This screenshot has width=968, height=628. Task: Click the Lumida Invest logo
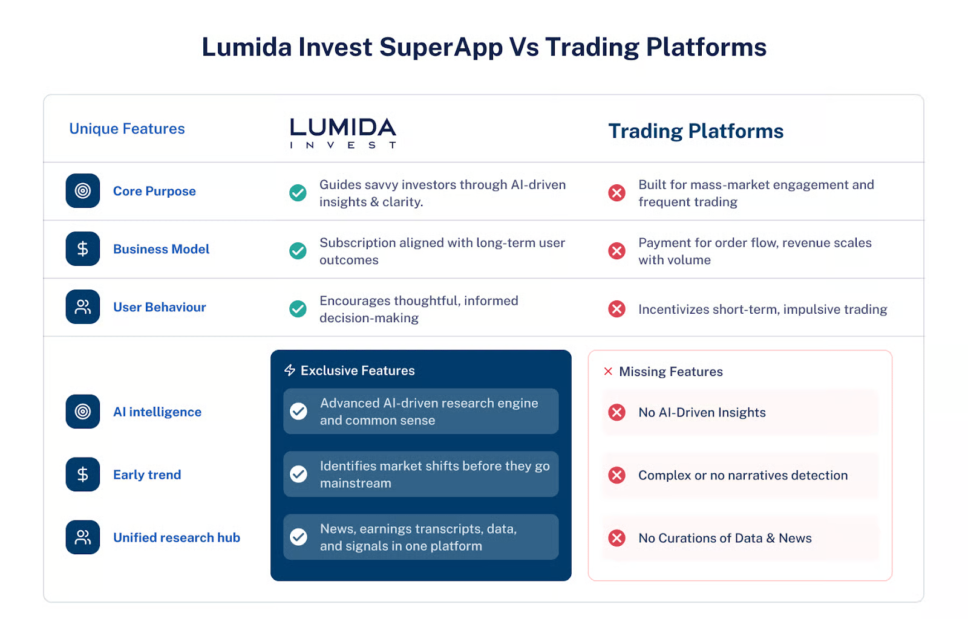click(343, 133)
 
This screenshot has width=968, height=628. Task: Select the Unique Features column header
click(127, 129)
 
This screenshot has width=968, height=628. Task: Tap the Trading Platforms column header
click(696, 131)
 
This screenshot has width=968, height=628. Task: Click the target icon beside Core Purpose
click(82, 191)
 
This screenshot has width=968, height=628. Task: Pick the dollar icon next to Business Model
click(82, 248)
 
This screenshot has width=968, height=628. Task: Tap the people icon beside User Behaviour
click(82, 306)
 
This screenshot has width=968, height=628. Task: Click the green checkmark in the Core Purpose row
click(298, 192)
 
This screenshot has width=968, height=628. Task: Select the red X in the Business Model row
click(616, 251)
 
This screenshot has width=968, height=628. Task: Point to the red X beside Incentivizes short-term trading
click(616, 309)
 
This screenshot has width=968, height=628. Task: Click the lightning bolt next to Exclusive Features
click(290, 370)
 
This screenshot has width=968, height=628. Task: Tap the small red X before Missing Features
click(608, 371)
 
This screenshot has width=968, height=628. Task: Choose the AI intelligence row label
click(157, 412)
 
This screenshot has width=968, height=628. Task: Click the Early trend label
click(147, 474)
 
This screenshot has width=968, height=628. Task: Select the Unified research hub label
click(176, 537)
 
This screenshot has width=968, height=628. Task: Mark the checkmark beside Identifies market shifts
click(298, 474)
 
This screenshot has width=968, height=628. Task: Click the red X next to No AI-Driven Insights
click(616, 412)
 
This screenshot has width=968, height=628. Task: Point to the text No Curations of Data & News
click(725, 538)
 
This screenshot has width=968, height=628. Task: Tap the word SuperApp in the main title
click(441, 47)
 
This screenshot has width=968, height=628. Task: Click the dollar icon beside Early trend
click(82, 474)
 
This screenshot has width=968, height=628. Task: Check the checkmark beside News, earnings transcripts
click(298, 537)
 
